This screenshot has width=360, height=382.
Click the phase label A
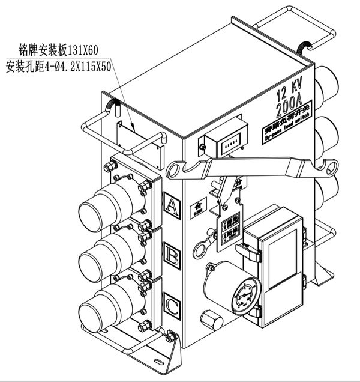172,207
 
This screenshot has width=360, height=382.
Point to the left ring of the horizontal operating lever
175,170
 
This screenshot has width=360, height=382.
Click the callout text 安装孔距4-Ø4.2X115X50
58,67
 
